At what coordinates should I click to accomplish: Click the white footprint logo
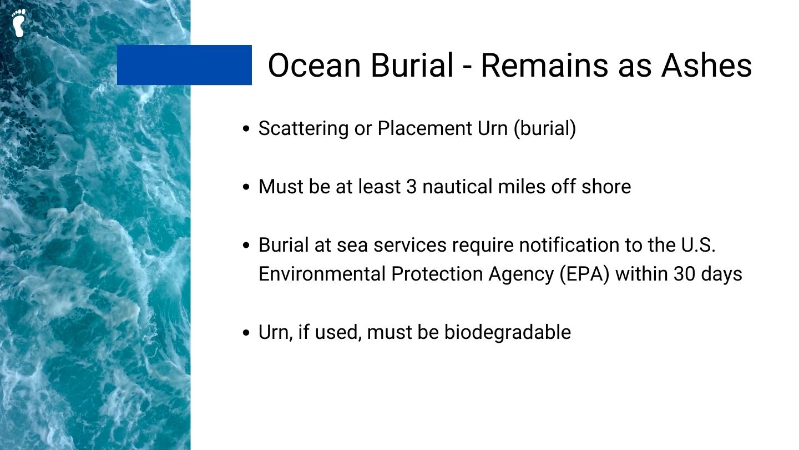click(x=18, y=23)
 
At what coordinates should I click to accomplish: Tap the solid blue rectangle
click(x=184, y=65)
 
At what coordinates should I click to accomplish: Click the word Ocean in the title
click(x=314, y=66)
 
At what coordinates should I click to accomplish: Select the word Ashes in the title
click(x=707, y=66)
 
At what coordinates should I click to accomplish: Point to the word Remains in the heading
click(x=544, y=66)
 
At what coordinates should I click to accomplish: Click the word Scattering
click(x=303, y=128)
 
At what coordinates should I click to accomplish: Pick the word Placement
click(x=425, y=128)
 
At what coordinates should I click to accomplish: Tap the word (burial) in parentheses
click(x=545, y=128)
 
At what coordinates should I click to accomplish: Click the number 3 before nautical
click(x=411, y=187)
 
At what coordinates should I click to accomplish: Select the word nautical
click(x=457, y=187)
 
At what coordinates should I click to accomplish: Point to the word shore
click(x=606, y=187)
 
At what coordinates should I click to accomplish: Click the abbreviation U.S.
click(x=698, y=245)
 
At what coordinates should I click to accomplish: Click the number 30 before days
click(x=684, y=274)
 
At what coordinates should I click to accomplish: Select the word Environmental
click(x=322, y=274)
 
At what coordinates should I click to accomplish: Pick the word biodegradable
click(x=508, y=332)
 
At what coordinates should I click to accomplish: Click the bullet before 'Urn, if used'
click(x=246, y=333)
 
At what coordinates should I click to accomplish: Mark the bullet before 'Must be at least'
click(x=246, y=187)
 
